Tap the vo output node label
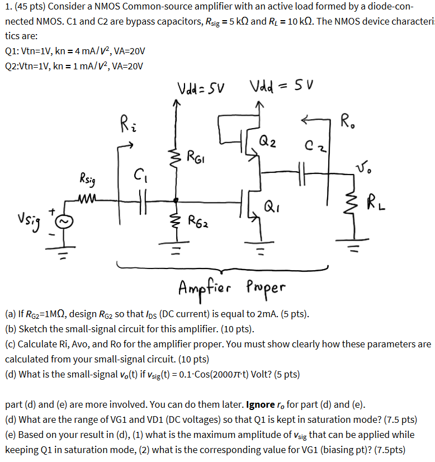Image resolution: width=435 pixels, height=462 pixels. pos(362,167)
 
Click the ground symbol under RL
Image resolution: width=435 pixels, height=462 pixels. pos(353,244)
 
